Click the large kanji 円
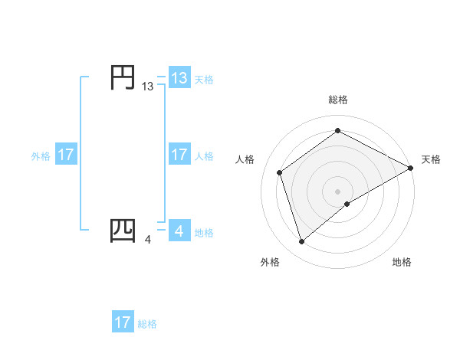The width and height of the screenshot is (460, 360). (123, 78)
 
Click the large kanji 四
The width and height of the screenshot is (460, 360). (123, 231)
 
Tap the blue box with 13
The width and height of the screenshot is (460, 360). (179, 78)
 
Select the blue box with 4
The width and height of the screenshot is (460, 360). (179, 231)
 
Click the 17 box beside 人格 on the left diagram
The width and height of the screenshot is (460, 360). (179, 155)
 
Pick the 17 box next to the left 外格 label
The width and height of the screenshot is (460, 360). (66, 155)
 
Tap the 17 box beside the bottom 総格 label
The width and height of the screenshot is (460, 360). (123, 322)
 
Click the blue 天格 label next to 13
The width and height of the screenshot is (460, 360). (204, 79)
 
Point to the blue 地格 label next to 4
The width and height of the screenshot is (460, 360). (204, 232)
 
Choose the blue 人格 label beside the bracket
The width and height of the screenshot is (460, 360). (204, 156)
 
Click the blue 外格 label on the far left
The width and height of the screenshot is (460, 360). (41, 156)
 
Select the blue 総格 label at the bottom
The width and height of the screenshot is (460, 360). (147, 324)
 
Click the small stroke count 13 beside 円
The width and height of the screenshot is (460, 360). (148, 87)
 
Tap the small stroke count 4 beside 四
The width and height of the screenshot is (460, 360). (148, 240)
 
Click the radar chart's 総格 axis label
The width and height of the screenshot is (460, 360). (337, 100)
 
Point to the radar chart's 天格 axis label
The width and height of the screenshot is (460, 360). (431, 159)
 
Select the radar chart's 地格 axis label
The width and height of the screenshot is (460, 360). (402, 263)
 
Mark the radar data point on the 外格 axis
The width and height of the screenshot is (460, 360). (301, 242)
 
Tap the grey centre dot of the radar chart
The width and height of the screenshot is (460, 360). (337, 191)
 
